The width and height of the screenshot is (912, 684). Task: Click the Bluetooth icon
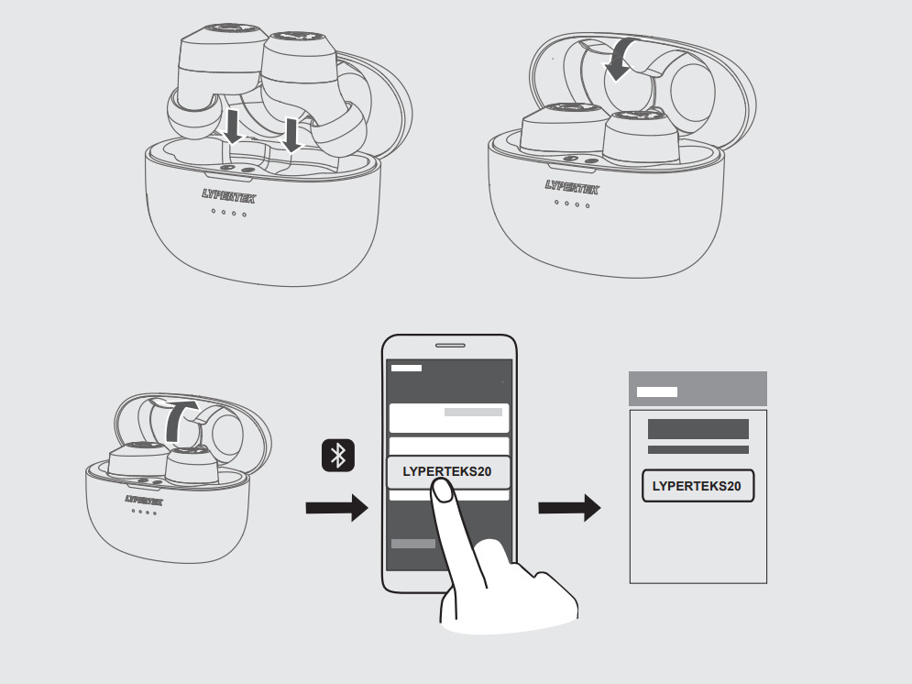tap(337, 456)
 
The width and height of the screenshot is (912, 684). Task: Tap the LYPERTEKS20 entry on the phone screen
tap(448, 472)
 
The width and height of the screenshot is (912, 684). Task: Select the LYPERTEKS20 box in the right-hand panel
tap(698, 486)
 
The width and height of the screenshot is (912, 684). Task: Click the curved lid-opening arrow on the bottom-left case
tap(179, 420)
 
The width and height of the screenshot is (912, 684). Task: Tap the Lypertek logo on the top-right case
tap(571, 188)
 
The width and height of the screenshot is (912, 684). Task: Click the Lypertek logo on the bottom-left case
tap(144, 501)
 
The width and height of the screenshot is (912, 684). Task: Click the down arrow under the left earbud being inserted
tap(234, 127)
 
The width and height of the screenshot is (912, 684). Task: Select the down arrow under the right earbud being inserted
tap(291, 134)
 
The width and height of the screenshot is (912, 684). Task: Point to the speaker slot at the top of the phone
tap(449, 346)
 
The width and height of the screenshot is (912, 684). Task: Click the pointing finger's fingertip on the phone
tap(442, 493)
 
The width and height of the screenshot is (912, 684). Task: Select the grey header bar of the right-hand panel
tap(698, 389)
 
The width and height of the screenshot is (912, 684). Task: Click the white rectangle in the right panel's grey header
tap(657, 392)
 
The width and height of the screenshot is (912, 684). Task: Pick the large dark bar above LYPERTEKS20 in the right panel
tap(698, 429)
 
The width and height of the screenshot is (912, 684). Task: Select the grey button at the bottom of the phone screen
tap(413, 544)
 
